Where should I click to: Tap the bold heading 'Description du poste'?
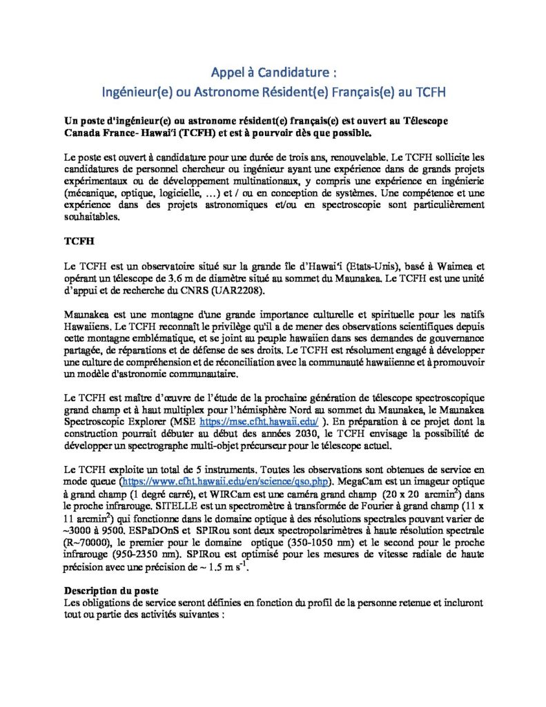(111, 590)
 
